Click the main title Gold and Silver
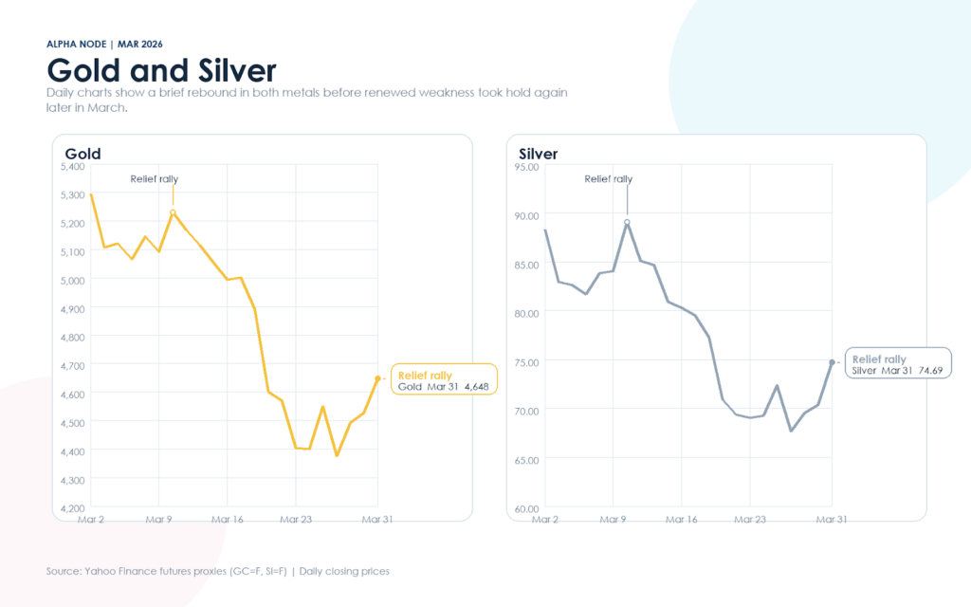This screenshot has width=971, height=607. pyautogui.click(x=161, y=70)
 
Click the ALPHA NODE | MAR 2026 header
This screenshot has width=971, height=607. pyautogui.click(x=110, y=44)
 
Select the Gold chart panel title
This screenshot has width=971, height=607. pyautogui.click(x=82, y=154)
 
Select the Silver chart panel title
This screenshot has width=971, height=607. pyautogui.click(x=539, y=154)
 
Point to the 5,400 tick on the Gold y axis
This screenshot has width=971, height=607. pyautogui.click(x=72, y=166)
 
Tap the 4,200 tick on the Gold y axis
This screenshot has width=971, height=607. pyautogui.click(x=72, y=508)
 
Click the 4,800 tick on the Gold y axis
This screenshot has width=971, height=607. pyautogui.click(x=72, y=337)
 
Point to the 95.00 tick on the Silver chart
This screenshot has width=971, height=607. pyautogui.click(x=526, y=166)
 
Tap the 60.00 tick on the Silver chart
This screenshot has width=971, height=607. pyautogui.click(x=526, y=508)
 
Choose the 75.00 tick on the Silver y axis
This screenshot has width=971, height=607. pyautogui.click(x=526, y=361)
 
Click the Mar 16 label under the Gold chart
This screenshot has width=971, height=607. pyautogui.click(x=228, y=520)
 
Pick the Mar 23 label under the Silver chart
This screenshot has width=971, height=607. pyautogui.click(x=750, y=520)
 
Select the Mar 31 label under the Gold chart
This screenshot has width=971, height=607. pyautogui.click(x=377, y=520)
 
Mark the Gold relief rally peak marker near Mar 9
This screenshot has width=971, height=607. pyautogui.click(x=173, y=212)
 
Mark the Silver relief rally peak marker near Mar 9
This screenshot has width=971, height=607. pyautogui.click(x=627, y=222)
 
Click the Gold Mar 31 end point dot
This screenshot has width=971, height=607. pyautogui.click(x=378, y=378)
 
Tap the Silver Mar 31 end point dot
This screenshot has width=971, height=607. pyautogui.click(x=832, y=362)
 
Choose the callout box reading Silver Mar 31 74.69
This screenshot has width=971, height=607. pyautogui.click(x=897, y=363)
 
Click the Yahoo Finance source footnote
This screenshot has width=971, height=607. pyautogui.click(x=217, y=571)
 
